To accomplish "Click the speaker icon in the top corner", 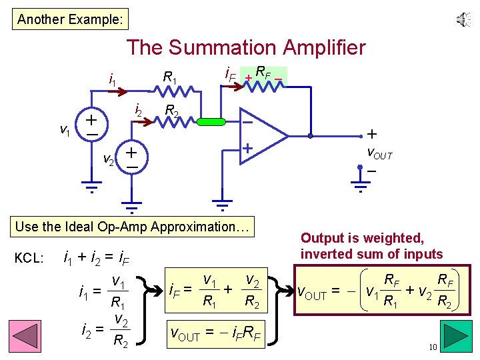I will pyautogui.click(x=463, y=20).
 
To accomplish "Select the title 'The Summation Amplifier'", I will pyautogui.click(x=246, y=48).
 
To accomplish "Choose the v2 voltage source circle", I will pyautogui.click(x=132, y=158).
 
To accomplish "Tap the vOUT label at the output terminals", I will pyautogui.click(x=380, y=155).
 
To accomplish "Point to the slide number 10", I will pyautogui.click(x=433, y=347).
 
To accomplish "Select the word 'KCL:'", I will pyautogui.click(x=29, y=257).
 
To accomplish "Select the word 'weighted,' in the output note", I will pyautogui.click(x=399, y=238).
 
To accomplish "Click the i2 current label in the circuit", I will pyautogui.click(x=137, y=109).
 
